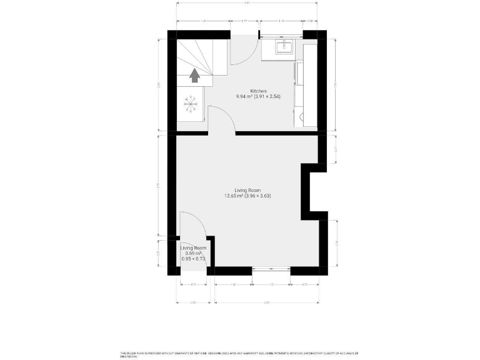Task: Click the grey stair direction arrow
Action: click(x=195, y=76)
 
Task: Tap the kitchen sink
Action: click(x=287, y=47)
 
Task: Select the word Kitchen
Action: click(x=258, y=91)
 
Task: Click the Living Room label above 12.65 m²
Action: click(x=247, y=190)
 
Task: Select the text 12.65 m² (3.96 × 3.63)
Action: click(x=247, y=196)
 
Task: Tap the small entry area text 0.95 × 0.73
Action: click(x=194, y=259)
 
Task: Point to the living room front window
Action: click(x=272, y=270)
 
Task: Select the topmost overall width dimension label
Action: click(x=247, y=3)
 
